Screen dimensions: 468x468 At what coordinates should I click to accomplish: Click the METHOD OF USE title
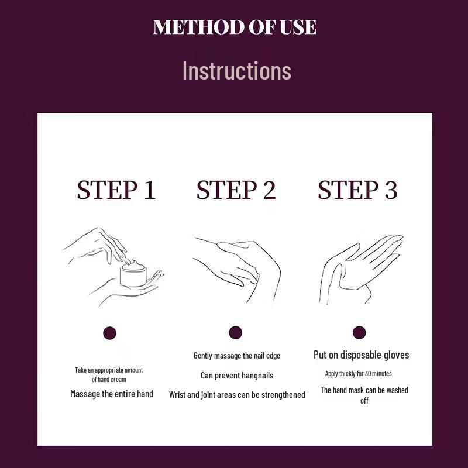235,27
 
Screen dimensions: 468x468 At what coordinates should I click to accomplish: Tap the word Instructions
237,70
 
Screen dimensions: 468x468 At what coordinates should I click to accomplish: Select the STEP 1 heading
116,190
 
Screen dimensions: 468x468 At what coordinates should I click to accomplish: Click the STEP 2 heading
236,190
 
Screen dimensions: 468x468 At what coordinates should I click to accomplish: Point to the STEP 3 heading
357,190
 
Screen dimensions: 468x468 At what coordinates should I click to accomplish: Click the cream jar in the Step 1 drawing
133,273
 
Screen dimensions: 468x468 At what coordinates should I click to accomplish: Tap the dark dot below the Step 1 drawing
109,333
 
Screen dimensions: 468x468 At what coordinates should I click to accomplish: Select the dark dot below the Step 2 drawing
236,333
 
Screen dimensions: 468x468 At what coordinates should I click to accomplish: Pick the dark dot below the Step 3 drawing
359,332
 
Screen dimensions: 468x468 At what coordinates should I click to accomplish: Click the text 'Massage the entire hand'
112,394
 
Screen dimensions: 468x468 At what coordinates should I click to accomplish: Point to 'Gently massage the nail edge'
237,356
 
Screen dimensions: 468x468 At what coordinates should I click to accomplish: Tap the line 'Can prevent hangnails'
237,376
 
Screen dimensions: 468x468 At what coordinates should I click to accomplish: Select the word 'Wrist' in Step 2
177,395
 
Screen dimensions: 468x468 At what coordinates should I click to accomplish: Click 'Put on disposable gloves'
361,355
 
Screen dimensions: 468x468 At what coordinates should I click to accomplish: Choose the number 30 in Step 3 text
367,373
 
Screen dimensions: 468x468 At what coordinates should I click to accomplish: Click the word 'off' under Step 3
364,401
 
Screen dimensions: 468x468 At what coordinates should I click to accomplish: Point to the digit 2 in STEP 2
270,190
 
